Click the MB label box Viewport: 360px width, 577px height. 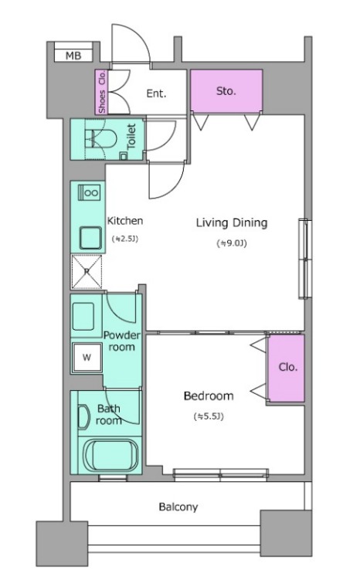pos(73,56)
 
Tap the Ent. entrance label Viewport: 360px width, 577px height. pos(157,93)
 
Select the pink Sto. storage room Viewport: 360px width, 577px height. pos(226,90)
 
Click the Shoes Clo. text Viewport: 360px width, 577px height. pos(102,92)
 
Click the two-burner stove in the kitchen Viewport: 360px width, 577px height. pos(89,192)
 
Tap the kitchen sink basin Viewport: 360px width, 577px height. pos(90,239)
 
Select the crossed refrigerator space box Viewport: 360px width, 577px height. pos(87,272)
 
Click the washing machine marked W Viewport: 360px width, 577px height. pos(87,357)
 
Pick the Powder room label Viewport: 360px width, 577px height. pos(121,341)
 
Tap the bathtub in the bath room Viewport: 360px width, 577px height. pos(110,455)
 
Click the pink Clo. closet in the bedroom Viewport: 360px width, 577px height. pos(286,368)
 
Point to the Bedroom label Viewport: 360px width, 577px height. pos(209,396)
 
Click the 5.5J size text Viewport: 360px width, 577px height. pos(209,416)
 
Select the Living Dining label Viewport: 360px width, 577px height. pos(232,223)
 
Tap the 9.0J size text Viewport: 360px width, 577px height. pos(232,243)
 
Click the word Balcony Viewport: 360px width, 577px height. pos(178,507)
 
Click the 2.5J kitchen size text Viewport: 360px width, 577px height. pos(125,239)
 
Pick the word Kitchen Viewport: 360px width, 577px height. pos(125,221)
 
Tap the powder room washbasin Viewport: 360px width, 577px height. pos(83,317)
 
